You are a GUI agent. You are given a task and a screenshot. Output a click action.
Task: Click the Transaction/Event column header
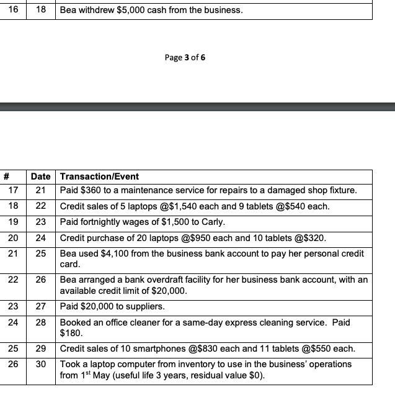[x=99, y=176]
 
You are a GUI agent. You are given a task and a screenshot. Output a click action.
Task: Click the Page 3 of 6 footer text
[x=185, y=58]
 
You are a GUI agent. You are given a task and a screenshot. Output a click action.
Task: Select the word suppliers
[x=147, y=307]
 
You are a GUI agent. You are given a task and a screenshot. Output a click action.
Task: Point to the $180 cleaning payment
[x=70, y=333]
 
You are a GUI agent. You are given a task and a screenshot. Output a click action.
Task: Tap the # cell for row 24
[x=12, y=322]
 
